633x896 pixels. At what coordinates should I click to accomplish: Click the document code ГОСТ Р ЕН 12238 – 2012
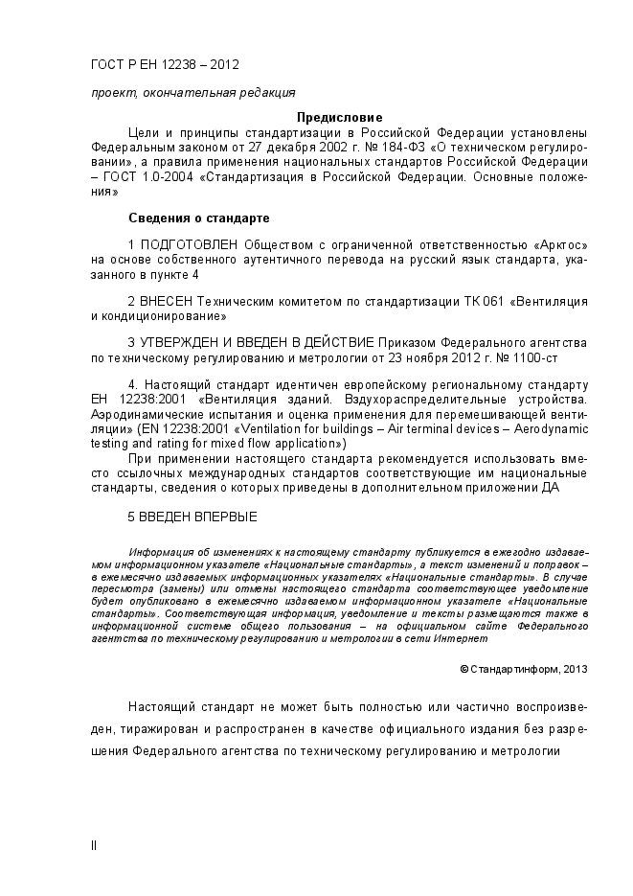(165, 65)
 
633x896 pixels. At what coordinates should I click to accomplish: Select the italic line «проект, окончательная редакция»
(192, 93)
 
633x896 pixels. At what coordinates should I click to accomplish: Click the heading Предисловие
(339, 117)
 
